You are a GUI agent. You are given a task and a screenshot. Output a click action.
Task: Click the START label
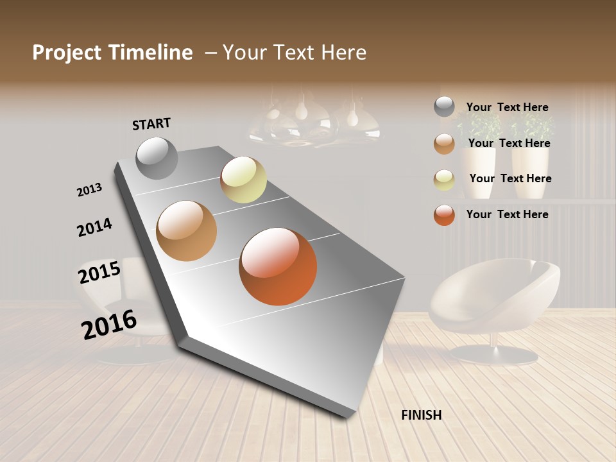[x=151, y=123]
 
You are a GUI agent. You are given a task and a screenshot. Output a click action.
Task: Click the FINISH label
[x=421, y=415]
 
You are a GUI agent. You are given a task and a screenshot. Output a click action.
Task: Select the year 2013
[x=90, y=190]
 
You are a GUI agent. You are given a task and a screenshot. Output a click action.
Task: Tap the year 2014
[x=94, y=227]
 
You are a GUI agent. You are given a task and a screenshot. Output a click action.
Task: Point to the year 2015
[x=99, y=273]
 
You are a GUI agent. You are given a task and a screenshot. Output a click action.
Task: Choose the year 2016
[x=109, y=325]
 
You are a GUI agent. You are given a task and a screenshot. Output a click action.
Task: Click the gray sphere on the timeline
[x=157, y=158]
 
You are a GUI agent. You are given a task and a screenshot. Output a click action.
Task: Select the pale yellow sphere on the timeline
[x=243, y=180]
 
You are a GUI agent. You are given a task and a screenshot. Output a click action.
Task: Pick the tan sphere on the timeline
[x=187, y=231]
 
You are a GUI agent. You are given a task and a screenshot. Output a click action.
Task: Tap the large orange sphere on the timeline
[x=278, y=266]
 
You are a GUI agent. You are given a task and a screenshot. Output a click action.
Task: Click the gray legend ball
[x=444, y=107]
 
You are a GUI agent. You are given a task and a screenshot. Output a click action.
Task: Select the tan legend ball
[x=444, y=144]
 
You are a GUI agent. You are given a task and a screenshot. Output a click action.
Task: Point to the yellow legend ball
[x=444, y=179]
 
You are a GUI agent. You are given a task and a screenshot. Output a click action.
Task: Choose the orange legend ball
[x=444, y=215]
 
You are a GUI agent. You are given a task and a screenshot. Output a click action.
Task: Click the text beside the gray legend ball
[x=507, y=107]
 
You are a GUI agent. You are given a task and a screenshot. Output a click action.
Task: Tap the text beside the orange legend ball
[x=507, y=214]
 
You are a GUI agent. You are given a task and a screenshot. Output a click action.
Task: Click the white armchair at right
[x=494, y=295]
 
